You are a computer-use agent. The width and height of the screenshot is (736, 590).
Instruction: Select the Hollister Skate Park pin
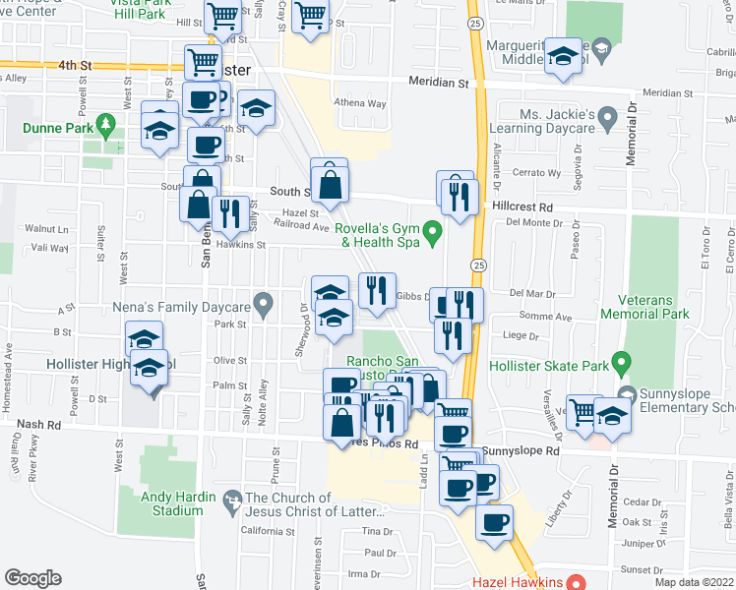[x=621, y=364]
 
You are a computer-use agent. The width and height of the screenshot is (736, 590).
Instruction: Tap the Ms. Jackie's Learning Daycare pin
[x=607, y=120]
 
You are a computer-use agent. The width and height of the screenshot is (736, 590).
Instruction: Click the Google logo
[x=32, y=578]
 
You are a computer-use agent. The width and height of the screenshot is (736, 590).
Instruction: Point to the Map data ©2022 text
[x=694, y=582]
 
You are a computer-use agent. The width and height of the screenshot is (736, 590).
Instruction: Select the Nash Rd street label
[x=38, y=425]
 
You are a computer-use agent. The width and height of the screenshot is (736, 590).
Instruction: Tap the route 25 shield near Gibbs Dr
[x=477, y=265]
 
